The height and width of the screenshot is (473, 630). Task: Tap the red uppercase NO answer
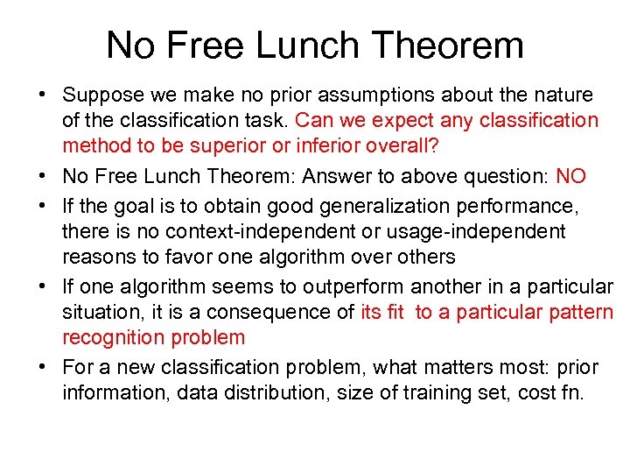(571, 177)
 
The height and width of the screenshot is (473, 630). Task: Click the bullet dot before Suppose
(42, 95)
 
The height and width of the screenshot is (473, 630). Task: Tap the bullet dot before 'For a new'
(42, 367)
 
